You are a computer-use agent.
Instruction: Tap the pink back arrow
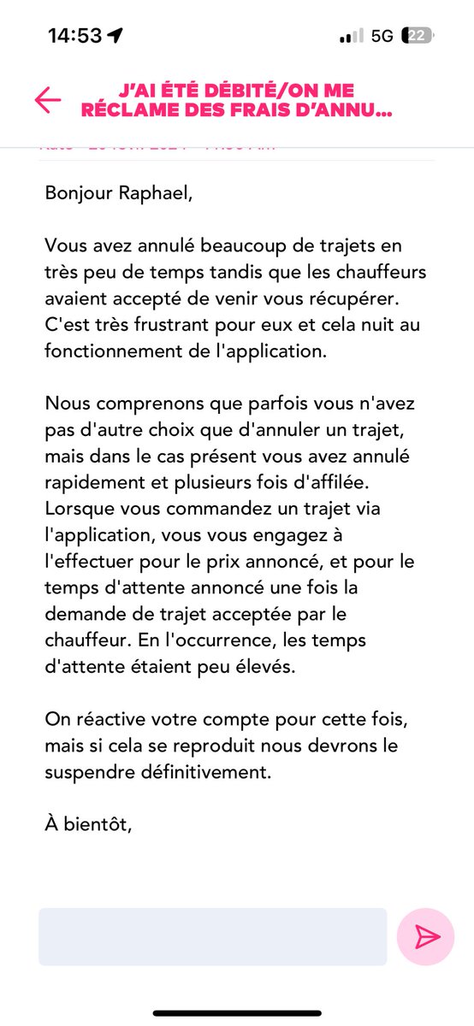pyautogui.click(x=47, y=100)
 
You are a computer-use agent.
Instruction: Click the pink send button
pyautogui.click(x=425, y=936)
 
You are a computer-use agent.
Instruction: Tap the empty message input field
pyautogui.click(x=212, y=936)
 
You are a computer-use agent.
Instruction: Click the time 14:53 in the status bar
pyautogui.click(x=74, y=36)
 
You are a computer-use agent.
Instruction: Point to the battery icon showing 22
pyautogui.click(x=418, y=36)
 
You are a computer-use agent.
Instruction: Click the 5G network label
pyautogui.click(x=382, y=36)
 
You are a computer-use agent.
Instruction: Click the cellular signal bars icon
pyautogui.click(x=352, y=36)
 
